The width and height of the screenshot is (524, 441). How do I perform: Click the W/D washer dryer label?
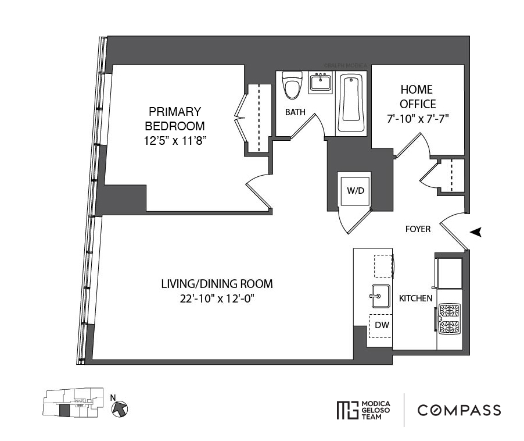(x=355, y=191)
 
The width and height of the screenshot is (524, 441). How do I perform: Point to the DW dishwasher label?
(x=382, y=325)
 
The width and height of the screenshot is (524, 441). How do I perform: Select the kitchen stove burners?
(x=450, y=319)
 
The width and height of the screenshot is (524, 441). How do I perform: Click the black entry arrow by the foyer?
(x=476, y=232)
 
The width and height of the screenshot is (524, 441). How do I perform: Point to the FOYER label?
(x=418, y=229)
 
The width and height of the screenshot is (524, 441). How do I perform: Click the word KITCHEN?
(x=415, y=298)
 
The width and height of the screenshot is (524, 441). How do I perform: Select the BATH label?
(x=295, y=112)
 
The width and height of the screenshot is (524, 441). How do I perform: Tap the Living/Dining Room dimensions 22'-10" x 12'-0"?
(x=217, y=299)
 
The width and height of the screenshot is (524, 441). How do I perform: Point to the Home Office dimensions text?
(x=417, y=119)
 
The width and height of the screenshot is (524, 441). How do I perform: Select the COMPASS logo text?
(x=459, y=410)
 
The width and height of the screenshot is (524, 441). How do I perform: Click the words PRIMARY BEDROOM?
(x=174, y=118)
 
